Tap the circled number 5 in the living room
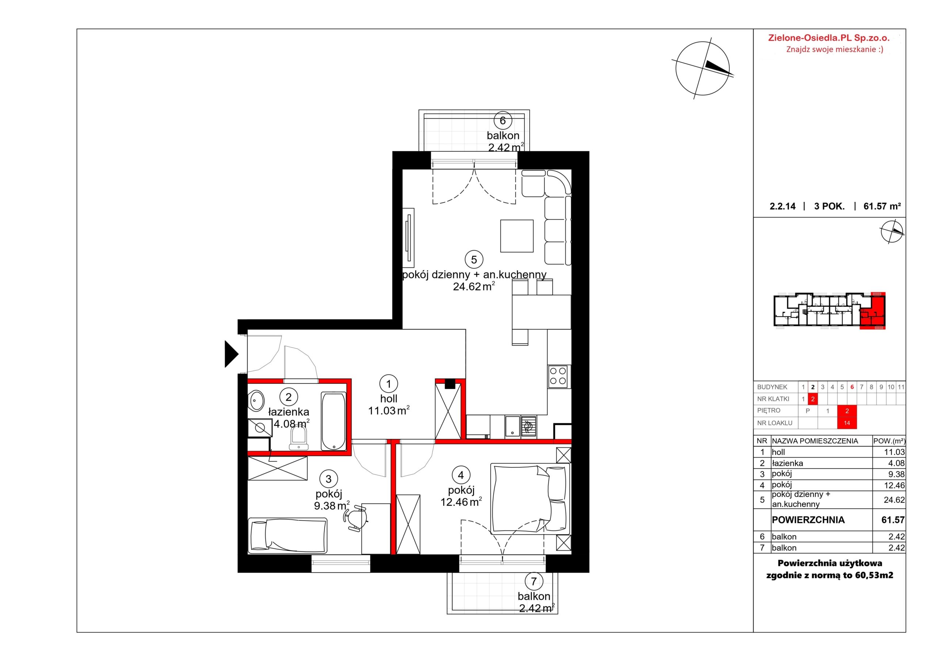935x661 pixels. [x=474, y=259]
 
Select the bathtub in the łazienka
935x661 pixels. [x=333, y=421]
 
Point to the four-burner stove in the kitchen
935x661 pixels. [x=558, y=376]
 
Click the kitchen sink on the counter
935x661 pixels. [x=512, y=427]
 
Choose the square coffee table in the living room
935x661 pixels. [x=517, y=236]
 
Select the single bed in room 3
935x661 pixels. [x=287, y=536]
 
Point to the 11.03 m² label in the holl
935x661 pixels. [x=389, y=410]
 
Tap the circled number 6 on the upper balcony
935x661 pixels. [x=503, y=121]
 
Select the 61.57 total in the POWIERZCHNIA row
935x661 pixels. [x=893, y=520]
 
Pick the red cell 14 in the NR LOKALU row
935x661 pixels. [x=847, y=423]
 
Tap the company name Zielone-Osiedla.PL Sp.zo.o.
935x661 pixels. [x=829, y=38]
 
